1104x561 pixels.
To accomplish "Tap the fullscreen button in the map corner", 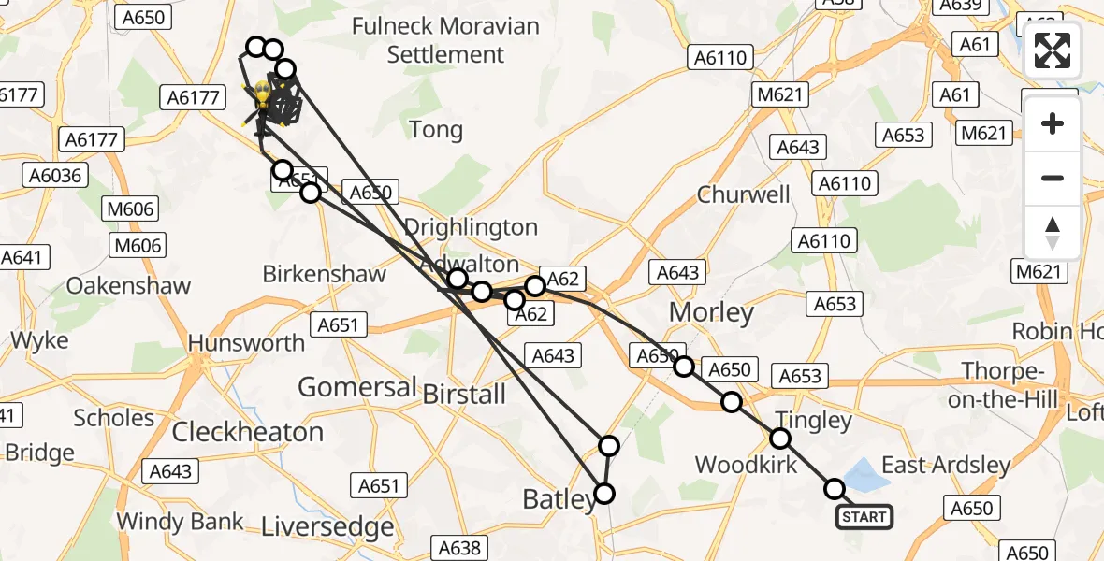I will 1053,50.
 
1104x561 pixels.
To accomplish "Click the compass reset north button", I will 1053,233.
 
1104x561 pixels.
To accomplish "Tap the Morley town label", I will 711,312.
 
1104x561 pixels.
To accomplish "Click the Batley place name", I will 559,501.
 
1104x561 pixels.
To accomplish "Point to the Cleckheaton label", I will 248,432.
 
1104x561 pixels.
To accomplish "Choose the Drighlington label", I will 471,227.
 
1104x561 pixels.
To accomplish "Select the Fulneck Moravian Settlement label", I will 446,39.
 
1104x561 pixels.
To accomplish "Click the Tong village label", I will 436,130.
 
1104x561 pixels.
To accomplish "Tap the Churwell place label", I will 744,195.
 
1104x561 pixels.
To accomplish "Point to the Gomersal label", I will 356,386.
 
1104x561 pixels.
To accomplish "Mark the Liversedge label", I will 327,527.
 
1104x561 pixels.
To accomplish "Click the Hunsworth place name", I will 247,343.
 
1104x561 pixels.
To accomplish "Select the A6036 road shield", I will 55,176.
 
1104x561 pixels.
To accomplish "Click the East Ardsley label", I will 946,465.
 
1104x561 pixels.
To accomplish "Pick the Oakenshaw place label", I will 128,286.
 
